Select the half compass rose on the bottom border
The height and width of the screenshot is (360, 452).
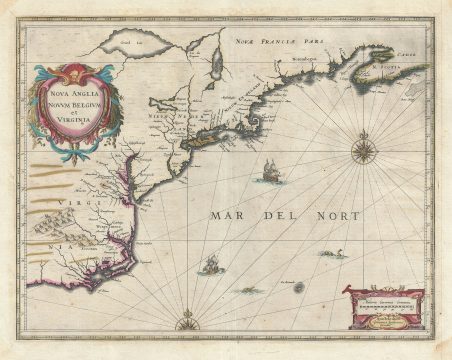(185, 323)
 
